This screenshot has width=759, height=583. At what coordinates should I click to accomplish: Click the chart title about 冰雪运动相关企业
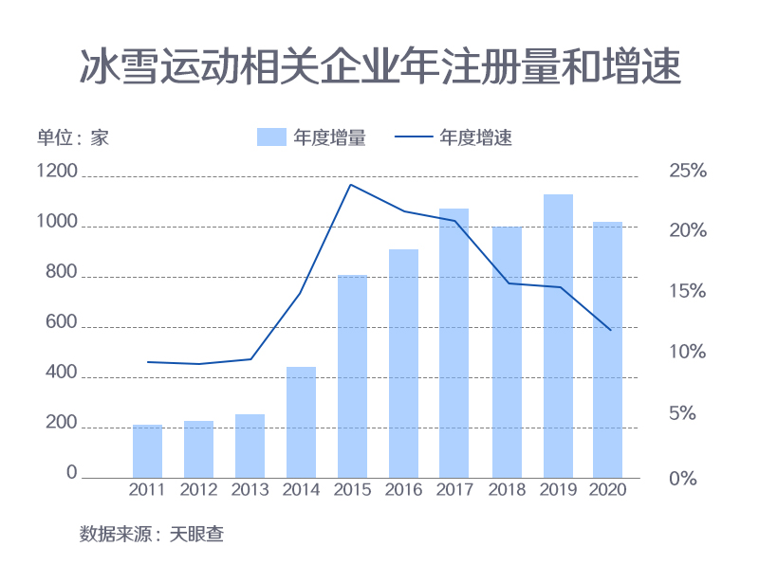pyautogui.click(x=379, y=67)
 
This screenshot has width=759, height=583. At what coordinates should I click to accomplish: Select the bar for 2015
pyautogui.click(x=352, y=375)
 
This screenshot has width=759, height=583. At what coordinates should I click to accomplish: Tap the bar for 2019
pyautogui.click(x=558, y=336)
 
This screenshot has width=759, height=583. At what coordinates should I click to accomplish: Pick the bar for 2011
pyautogui.click(x=147, y=451)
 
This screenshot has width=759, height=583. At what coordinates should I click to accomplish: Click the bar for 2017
pyautogui.click(x=454, y=343)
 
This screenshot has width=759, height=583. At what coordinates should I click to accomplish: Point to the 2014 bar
pyautogui.click(x=301, y=422)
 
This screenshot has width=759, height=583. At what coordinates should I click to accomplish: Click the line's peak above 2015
pyautogui.click(x=351, y=185)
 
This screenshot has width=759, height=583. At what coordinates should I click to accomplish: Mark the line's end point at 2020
pyautogui.click(x=610, y=330)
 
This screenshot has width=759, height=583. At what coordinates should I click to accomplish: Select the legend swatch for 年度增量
pyautogui.click(x=271, y=137)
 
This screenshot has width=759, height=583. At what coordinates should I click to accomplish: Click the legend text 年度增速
pyautogui.click(x=476, y=137)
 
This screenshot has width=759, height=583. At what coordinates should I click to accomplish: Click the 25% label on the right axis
pyautogui.click(x=688, y=172)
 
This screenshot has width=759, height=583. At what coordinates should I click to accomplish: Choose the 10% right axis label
pyautogui.click(x=688, y=353)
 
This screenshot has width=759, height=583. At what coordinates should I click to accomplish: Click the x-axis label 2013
pyautogui.click(x=250, y=490)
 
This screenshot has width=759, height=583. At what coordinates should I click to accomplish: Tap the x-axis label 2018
pyautogui.click(x=506, y=490)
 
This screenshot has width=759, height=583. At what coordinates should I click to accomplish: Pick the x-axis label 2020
pyautogui.click(x=608, y=490)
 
